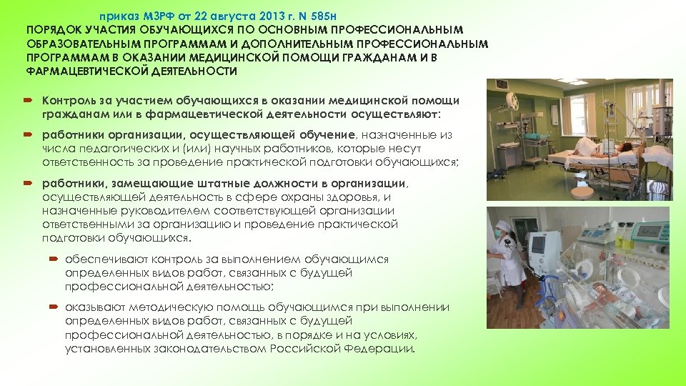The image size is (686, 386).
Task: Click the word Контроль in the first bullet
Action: point(66,100)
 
